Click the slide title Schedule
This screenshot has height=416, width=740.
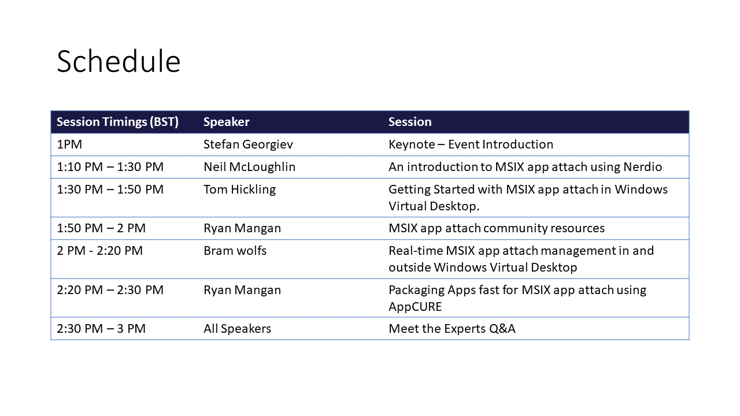119,61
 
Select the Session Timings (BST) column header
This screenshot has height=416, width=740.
117,122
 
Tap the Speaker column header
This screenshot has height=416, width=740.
226,122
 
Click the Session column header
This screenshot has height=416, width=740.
410,122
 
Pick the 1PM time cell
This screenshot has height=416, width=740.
69,144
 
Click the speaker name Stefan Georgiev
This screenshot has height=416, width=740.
248,144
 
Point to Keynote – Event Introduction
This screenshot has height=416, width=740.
471,144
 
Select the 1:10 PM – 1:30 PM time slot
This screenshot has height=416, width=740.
110,167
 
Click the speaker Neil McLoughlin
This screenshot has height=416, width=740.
249,167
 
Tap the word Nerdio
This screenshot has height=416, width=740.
642,167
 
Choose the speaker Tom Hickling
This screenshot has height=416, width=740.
239,190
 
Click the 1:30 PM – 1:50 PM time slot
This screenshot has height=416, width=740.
110,190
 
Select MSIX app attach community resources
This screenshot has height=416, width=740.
497,228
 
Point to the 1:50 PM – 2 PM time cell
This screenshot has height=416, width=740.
101,228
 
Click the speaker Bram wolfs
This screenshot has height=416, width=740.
235,251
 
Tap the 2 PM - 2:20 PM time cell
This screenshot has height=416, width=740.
100,251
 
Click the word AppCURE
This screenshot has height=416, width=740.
415,307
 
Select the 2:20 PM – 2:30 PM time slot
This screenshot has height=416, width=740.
110,290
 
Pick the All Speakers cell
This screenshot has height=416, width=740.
237,329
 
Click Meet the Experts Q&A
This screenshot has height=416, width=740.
452,329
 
